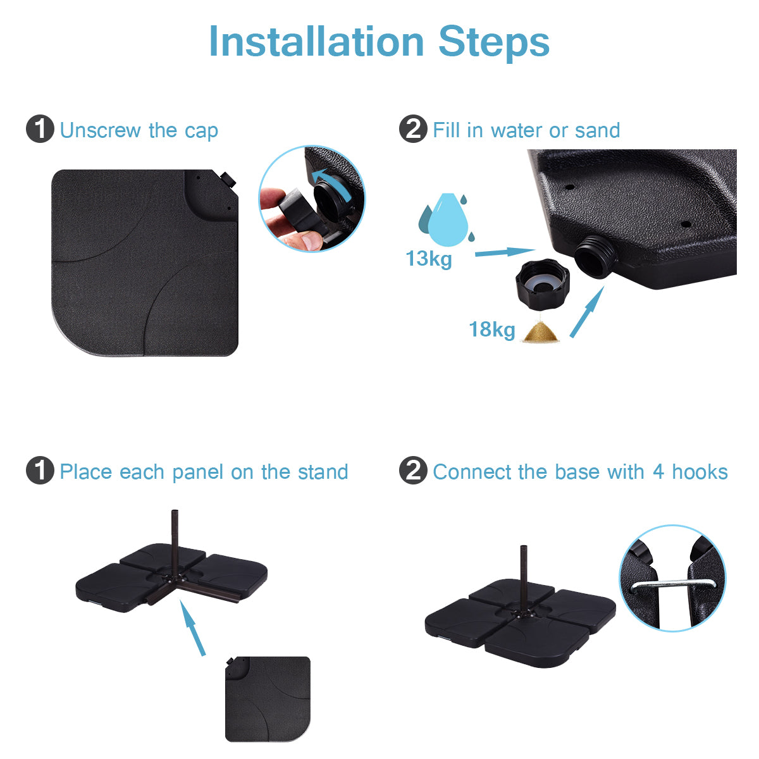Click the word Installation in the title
click(x=316, y=42)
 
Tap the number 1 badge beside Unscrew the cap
click(x=40, y=129)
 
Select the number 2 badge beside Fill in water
click(x=413, y=129)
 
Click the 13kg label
click(x=429, y=259)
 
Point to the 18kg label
click(x=492, y=330)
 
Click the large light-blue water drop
click(x=447, y=219)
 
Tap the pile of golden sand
click(x=541, y=331)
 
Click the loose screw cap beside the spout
click(x=543, y=283)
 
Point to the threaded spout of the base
click(x=593, y=256)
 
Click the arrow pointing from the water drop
click(x=505, y=252)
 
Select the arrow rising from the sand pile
click(x=587, y=312)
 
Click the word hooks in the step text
click(x=700, y=471)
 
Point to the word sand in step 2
click(x=598, y=130)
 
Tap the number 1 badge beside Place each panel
click(x=40, y=471)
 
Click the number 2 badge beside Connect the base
click(x=413, y=471)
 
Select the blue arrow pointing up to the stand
click(x=193, y=627)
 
